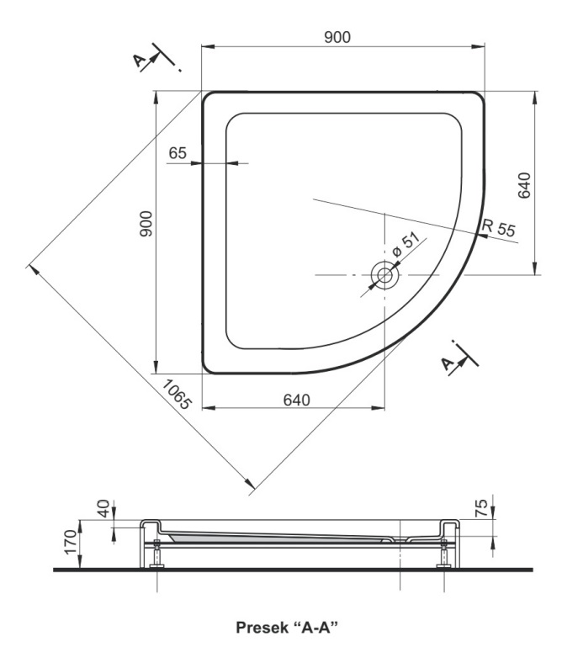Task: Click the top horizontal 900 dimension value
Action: coord(337,37)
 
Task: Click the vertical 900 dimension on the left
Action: coord(146,224)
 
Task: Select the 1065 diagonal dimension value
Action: coord(177,395)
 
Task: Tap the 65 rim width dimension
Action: coord(178,153)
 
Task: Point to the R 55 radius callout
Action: coord(499,227)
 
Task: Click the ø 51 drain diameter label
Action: coord(405,245)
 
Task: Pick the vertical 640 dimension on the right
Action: coord(523,185)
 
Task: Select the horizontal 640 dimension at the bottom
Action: coord(297,400)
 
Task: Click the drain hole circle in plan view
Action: coord(384,275)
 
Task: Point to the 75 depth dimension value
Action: coord(481,508)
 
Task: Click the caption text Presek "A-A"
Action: coord(287,628)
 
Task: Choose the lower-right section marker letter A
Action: coord(448,363)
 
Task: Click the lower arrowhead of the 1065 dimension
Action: coord(249,484)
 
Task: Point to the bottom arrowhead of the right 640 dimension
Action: coord(535,268)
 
